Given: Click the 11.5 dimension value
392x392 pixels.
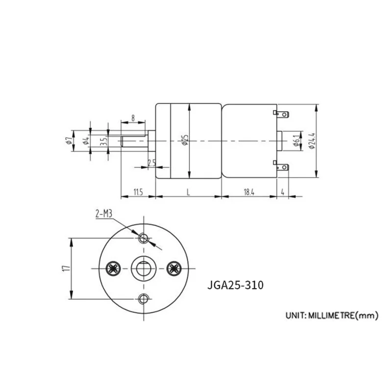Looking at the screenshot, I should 137,193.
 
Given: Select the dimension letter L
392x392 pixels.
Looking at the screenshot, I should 189,193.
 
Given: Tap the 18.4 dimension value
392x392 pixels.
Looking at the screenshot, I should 249,193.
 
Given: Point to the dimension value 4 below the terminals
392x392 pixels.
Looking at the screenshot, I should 283,193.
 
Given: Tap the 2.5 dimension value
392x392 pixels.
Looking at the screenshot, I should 151,162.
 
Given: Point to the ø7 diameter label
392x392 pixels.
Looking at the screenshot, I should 69,142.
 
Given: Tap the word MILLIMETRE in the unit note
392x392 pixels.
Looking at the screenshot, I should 330,316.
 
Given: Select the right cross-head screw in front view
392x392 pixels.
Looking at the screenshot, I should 173,268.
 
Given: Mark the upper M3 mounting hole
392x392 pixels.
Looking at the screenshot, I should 144,238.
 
